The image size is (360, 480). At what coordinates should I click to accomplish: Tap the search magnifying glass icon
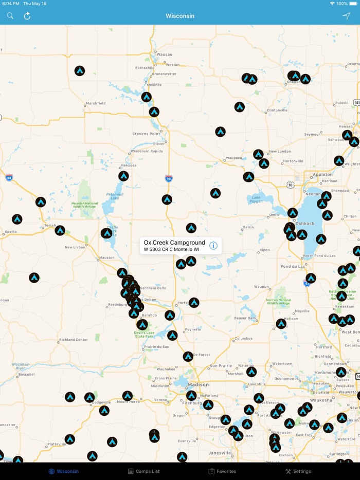tap(10, 16)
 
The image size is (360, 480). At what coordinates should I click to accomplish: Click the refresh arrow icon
tap(27, 16)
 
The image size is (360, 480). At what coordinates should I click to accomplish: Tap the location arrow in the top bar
tap(346, 16)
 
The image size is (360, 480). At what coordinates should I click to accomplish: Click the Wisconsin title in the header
tap(180, 16)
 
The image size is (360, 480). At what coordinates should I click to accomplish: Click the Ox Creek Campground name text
tap(174, 242)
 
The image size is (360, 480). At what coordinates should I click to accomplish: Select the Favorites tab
tap(222, 471)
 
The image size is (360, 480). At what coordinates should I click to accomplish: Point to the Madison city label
tap(198, 384)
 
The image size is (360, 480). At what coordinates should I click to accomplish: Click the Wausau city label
tap(165, 54)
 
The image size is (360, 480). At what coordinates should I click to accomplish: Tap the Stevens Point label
tap(147, 134)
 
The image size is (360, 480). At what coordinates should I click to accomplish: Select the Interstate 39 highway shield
tap(169, 178)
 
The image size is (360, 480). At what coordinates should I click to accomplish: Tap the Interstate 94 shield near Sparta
tap(9, 177)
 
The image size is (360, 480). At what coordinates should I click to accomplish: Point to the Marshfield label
tap(96, 103)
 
